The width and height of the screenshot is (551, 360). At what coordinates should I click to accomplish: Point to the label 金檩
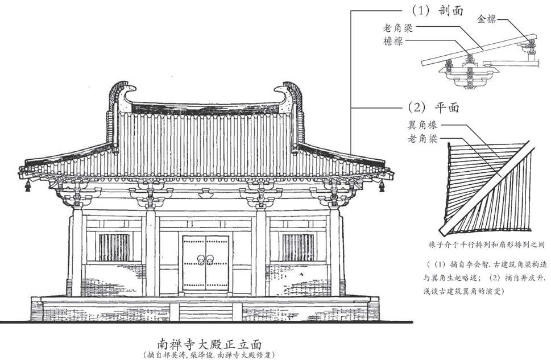pyautogui.click(x=487, y=19)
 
